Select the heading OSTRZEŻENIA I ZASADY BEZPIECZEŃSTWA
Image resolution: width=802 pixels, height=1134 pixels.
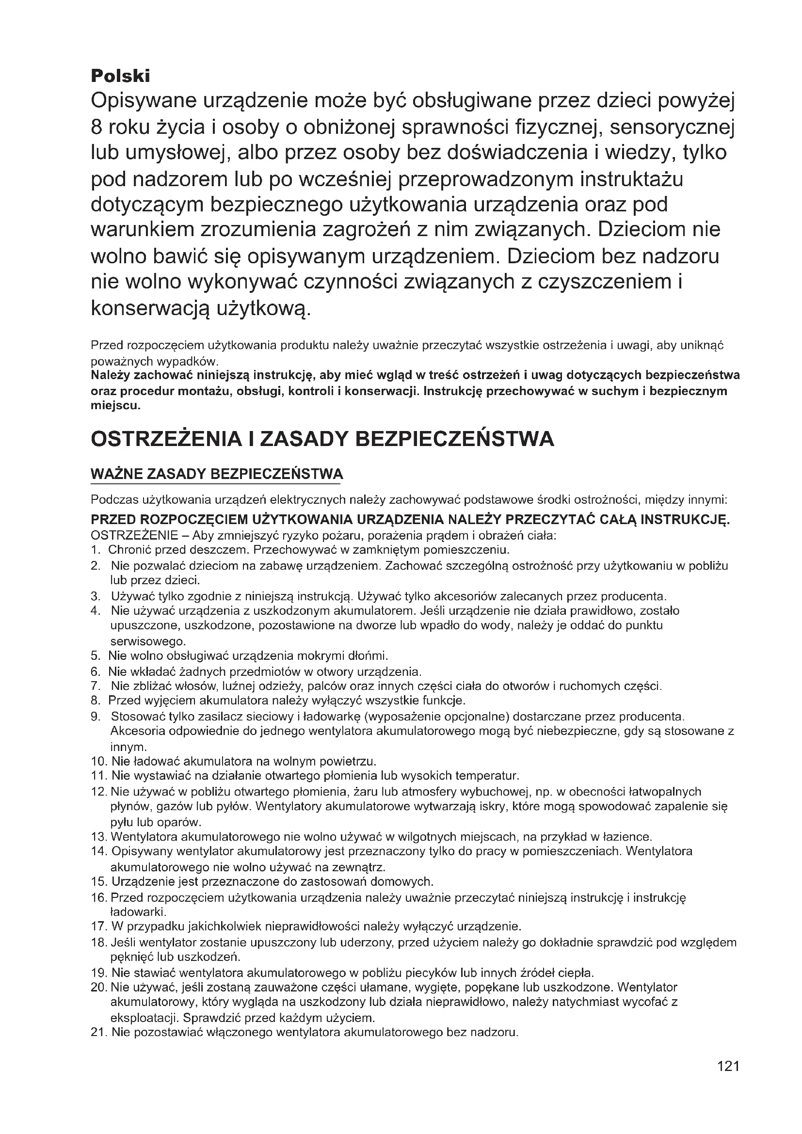[322, 439]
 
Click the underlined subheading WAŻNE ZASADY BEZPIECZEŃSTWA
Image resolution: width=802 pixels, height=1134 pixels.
[217, 474]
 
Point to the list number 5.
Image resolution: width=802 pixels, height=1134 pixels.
[96, 656]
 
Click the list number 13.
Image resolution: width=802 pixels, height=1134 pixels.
[99, 837]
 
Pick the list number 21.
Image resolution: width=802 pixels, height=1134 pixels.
[99, 1032]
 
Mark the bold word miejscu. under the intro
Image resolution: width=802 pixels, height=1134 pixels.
[115, 406]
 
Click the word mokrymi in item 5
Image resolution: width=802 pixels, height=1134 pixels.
[319, 656]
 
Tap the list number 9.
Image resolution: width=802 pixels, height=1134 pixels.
[96, 716]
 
